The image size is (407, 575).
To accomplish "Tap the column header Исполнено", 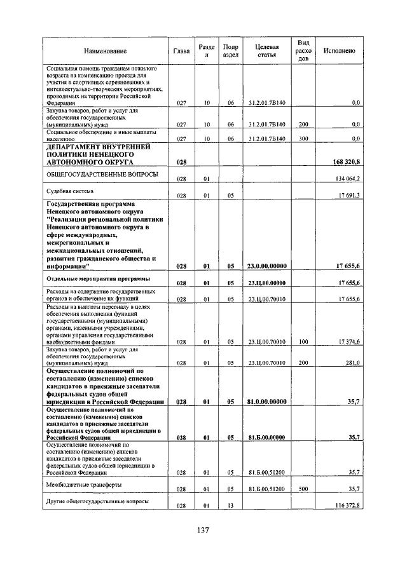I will click(339, 51).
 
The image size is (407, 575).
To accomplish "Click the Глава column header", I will click(181, 51).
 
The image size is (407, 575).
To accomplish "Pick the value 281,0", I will click(352, 363).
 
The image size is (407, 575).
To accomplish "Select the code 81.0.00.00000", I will click(266, 402).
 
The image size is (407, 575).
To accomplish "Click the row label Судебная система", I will click(70, 191).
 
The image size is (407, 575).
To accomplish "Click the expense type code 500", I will click(303, 489).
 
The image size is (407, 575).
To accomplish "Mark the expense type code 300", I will click(303, 138).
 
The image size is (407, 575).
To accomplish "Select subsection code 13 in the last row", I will click(231, 505).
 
